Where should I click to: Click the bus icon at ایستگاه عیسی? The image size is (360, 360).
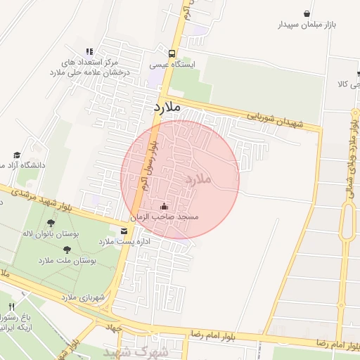172,53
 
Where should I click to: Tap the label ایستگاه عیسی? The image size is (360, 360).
172,65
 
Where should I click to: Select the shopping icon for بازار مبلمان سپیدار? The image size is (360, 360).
307,13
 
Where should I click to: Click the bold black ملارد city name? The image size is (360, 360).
167,108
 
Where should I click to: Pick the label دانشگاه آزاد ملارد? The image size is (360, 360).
22,165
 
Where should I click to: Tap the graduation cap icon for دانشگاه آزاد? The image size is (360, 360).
17,155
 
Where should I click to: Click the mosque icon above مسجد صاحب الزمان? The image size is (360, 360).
165,207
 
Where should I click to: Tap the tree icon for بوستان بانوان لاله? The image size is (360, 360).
51,223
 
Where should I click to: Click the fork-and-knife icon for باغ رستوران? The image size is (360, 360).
12,307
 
